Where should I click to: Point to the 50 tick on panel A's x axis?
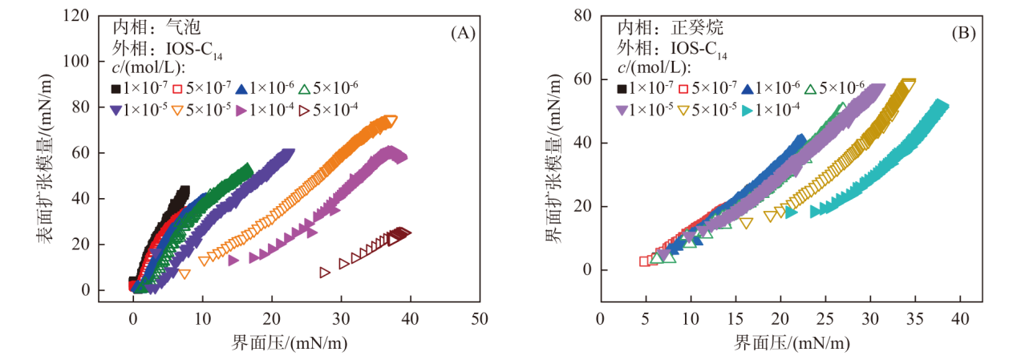click(480, 319)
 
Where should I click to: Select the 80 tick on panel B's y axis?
click(581, 15)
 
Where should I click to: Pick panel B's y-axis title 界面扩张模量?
click(553, 160)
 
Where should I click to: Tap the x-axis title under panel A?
click(289, 343)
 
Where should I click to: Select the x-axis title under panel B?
click(790, 343)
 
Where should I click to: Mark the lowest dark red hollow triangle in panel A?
click(325, 273)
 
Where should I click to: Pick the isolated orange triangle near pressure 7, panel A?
click(184, 274)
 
